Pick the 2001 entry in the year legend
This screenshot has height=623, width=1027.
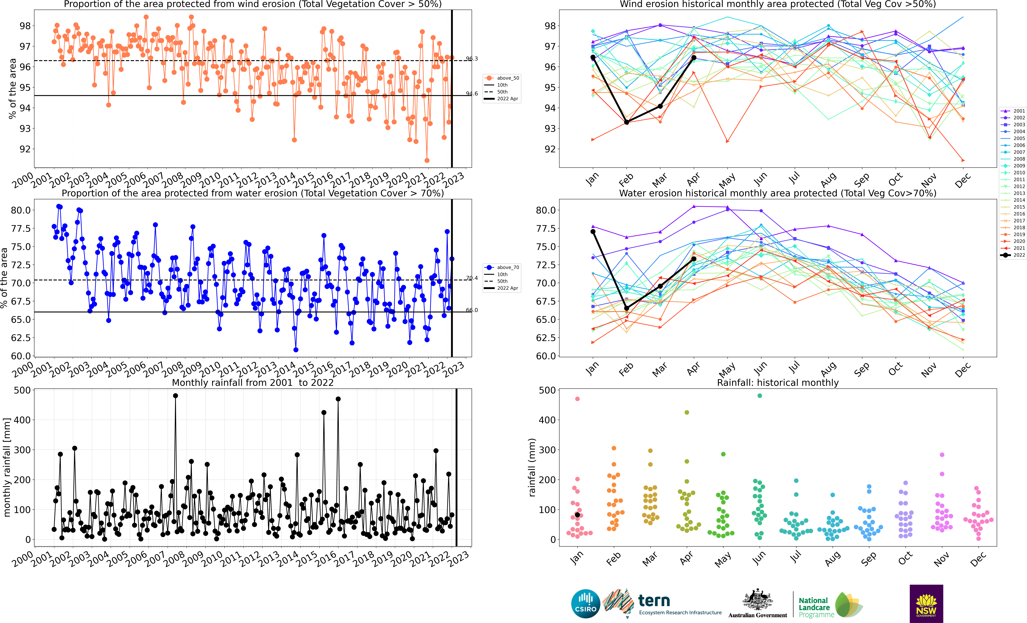pos(1013,111)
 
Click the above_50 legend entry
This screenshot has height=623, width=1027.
pos(501,78)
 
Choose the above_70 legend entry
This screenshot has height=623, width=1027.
pos(501,268)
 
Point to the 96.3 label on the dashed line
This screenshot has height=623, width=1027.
pos(472,59)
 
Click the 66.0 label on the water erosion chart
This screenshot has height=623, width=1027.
pos(472,310)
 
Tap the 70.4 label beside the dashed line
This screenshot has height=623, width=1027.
pos(472,278)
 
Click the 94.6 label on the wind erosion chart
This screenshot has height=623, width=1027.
pos(472,94)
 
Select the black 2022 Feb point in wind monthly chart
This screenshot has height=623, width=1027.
pos(626,122)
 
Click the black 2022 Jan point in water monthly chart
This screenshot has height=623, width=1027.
pos(593,232)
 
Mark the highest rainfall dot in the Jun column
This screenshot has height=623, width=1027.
pos(760,395)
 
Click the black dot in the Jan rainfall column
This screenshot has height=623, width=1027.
pos(577,515)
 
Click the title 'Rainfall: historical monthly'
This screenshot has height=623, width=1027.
pos(778,383)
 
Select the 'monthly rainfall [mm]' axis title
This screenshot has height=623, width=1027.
pos(7,468)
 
